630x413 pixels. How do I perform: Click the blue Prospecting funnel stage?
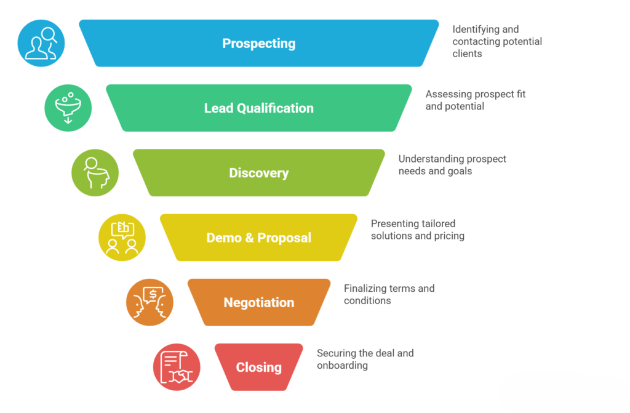258,43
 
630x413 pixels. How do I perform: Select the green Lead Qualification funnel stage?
258,108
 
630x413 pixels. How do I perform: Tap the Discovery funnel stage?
258,173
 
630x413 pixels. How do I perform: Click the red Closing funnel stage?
258,367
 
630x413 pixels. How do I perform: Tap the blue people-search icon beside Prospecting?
41,43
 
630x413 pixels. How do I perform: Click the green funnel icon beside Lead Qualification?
68,108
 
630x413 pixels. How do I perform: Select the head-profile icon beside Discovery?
95,173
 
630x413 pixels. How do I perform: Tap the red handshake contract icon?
177,367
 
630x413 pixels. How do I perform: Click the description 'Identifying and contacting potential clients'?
496,41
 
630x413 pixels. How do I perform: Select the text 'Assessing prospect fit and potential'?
475,100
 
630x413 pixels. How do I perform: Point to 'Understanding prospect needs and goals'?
452,165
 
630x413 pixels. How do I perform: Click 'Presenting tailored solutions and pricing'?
417,230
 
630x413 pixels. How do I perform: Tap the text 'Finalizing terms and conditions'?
389,294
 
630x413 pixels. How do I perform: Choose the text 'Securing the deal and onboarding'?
365,359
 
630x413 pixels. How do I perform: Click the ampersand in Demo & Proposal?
250,238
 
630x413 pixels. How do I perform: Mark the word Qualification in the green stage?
276,108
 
